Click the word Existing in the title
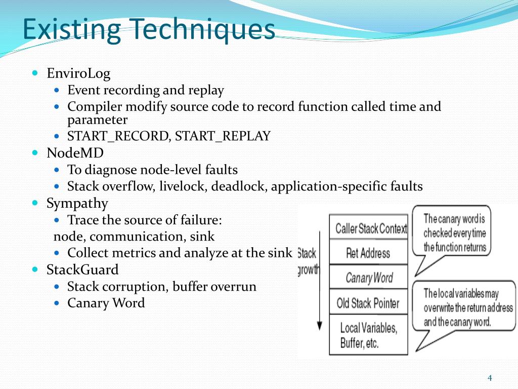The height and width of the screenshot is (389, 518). coord(72,29)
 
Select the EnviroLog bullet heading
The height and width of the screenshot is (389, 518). coord(78,73)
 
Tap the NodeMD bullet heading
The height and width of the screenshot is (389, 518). coord(75,152)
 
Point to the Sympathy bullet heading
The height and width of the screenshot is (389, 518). coord(77,203)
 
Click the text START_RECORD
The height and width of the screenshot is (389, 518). coord(117,136)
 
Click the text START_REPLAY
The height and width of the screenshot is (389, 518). coord(223,136)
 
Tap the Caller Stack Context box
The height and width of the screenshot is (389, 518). coord(368,228)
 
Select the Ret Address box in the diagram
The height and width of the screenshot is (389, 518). coord(368,253)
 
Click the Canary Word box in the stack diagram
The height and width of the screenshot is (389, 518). coord(368,278)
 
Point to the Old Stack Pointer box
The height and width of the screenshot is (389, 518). coord(368,303)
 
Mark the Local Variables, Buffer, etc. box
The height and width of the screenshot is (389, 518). coord(368,335)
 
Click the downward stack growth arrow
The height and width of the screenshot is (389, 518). coord(319,284)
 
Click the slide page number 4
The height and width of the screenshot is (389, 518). coord(489,378)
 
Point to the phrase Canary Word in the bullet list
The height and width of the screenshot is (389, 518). coord(106,303)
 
